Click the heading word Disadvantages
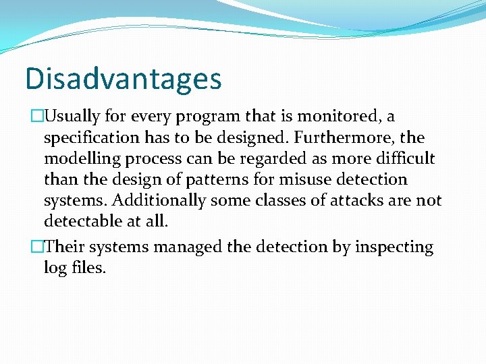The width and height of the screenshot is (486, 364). pos(123,78)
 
